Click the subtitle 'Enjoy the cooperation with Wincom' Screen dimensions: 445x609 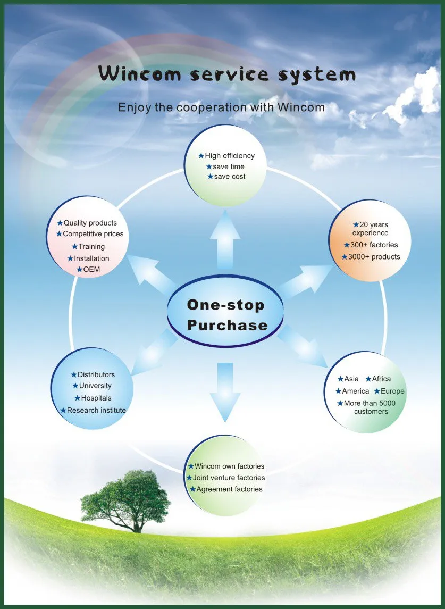tap(222, 107)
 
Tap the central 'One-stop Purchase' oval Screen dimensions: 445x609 tap(226, 315)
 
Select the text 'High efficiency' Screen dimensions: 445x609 tap(230, 156)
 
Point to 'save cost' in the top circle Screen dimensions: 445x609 tap(230, 176)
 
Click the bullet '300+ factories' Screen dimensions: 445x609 tap(374, 245)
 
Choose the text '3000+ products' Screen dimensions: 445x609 tap(374, 257)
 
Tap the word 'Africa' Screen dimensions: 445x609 tap(381, 379)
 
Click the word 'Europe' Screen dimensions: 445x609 tap(392, 391)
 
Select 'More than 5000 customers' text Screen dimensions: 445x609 tap(370, 407)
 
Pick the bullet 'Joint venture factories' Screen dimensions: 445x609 tap(229, 478)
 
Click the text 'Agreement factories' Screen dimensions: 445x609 tap(229, 489)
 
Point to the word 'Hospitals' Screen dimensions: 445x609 tap(96, 398)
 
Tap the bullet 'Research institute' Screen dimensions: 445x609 tap(96, 410)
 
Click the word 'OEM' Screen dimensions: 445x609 tap(91, 270)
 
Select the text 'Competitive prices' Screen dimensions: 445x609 tap(93, 233)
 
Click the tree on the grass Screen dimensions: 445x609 tap(126, 498)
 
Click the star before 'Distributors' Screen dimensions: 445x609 tap(74, 375)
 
